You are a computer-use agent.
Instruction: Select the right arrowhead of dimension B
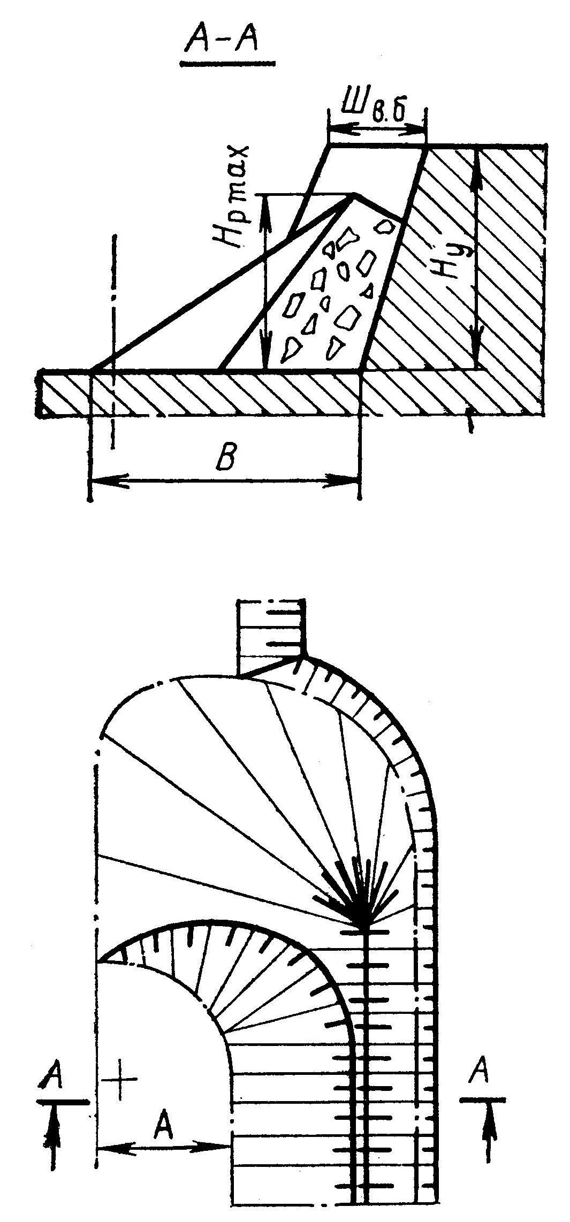click(351, 480)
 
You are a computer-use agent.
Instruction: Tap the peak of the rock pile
click(353, 196)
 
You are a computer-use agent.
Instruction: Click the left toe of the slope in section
click(92, 370)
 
